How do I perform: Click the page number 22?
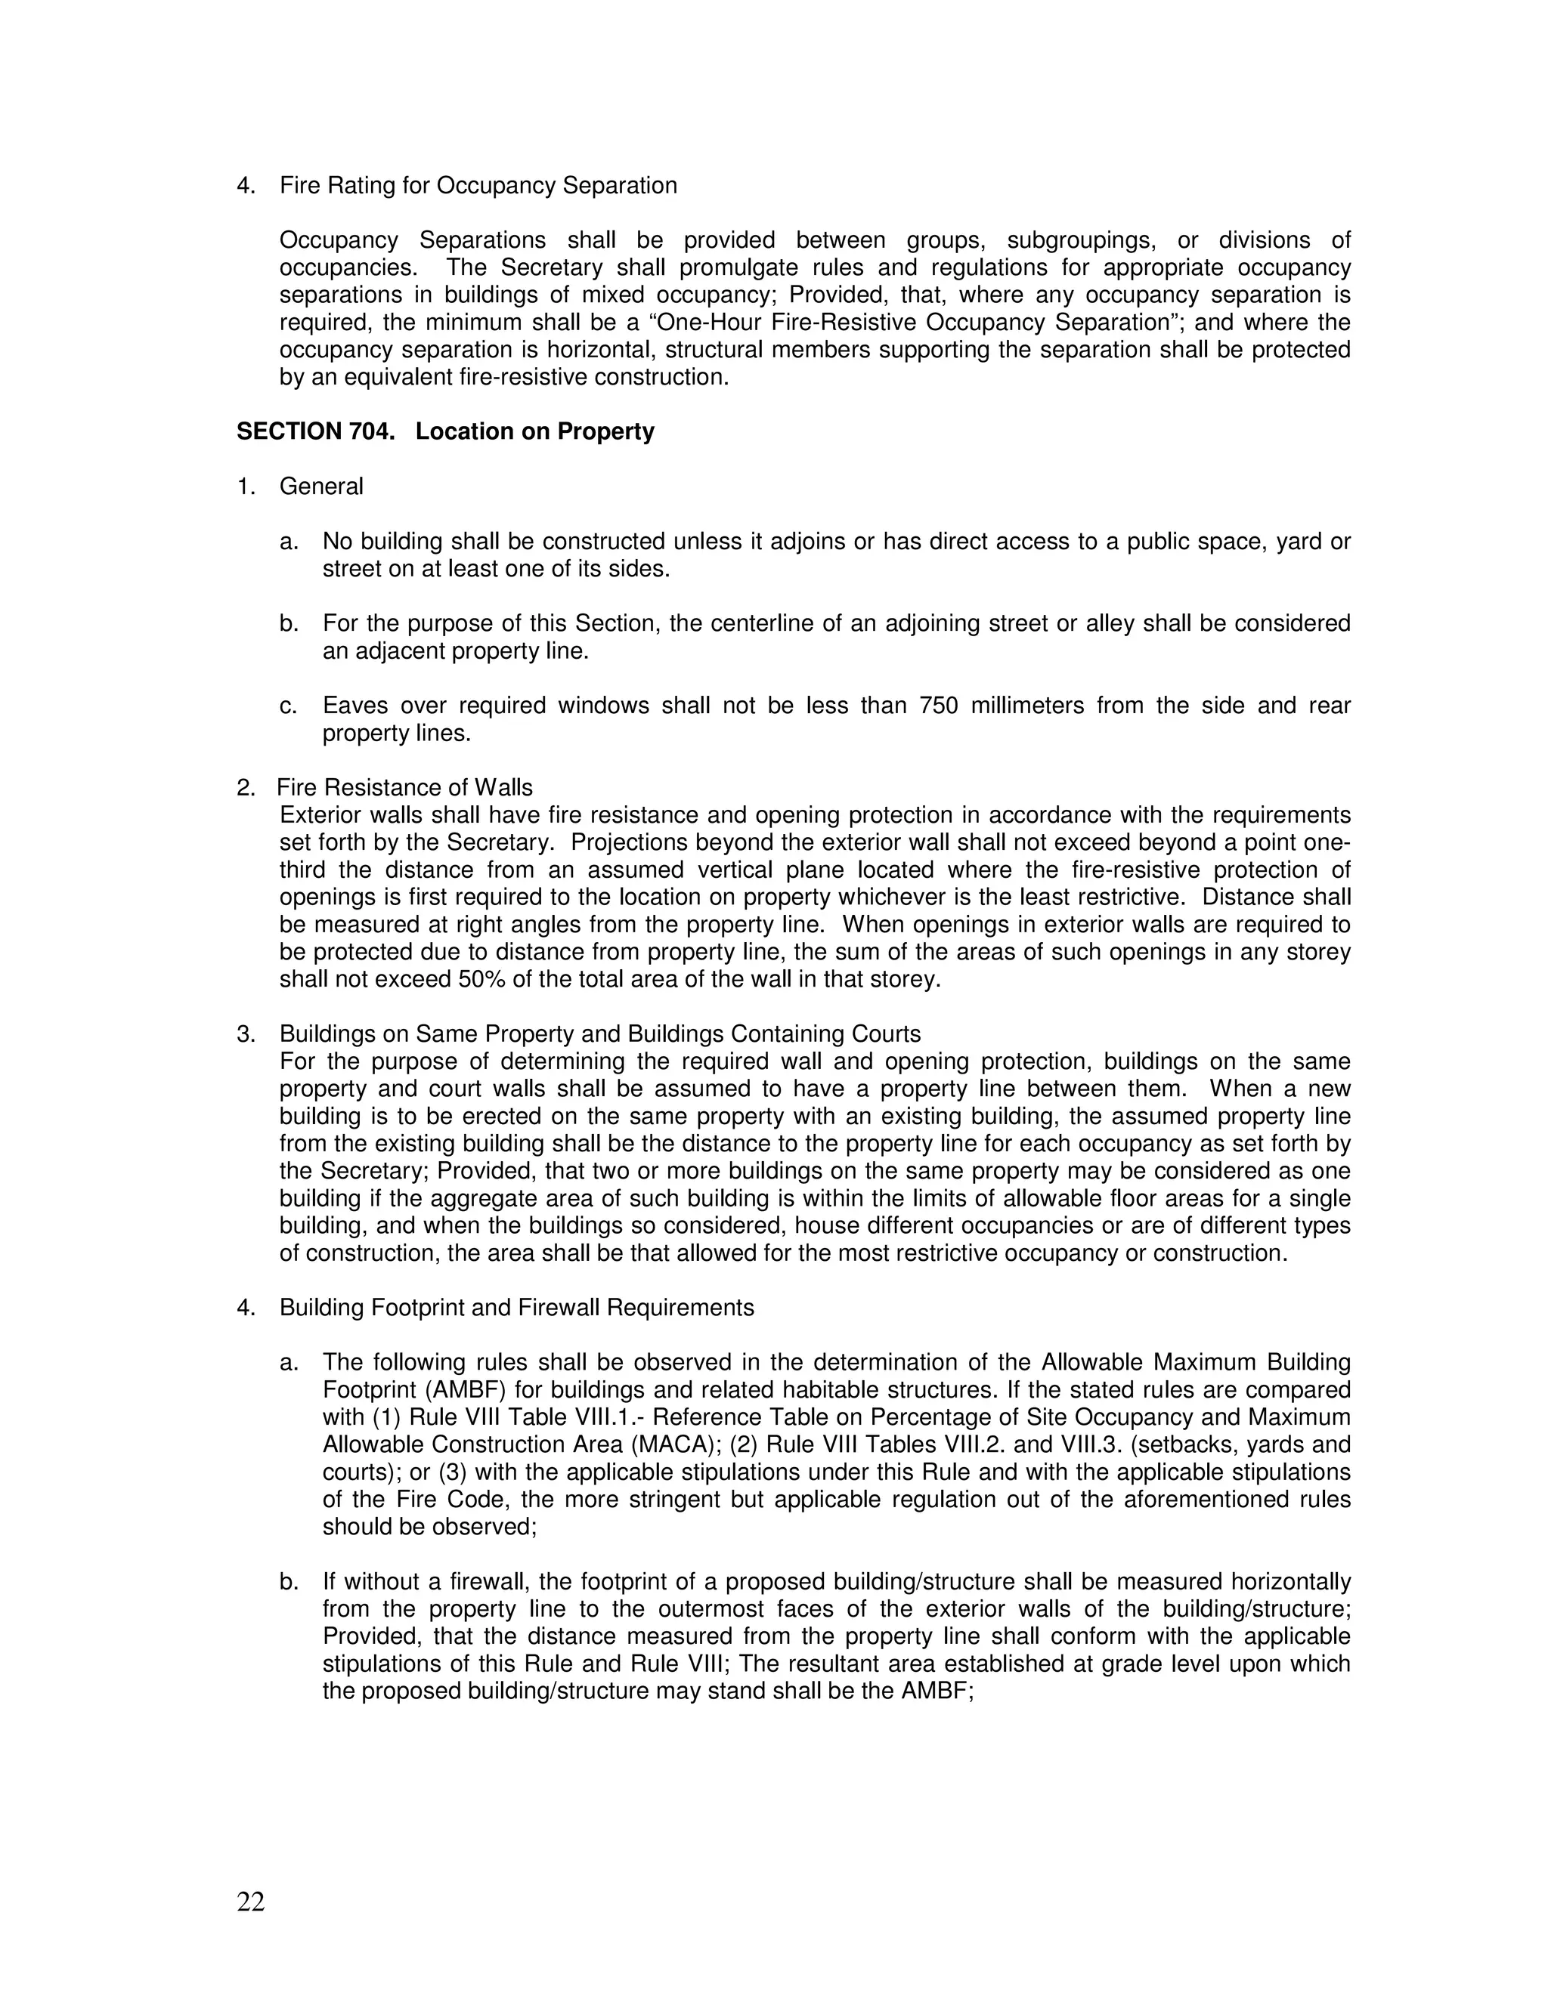250,1902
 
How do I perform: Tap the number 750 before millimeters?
938,706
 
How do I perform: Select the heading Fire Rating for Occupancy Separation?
478,186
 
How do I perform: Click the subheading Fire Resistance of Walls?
404,787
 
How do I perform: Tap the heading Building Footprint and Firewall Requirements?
516,1307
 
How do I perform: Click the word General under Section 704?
321,487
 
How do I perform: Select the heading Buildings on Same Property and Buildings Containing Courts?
599,1034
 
